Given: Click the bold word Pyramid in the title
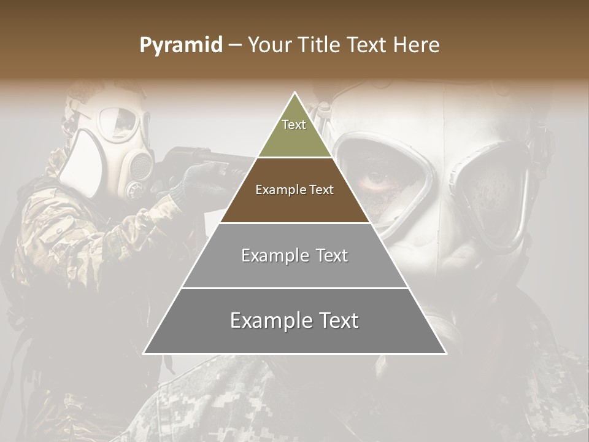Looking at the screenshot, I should click(x=181, y=45).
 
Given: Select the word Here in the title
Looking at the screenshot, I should click(x=417, y=45).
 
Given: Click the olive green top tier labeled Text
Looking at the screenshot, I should click(x=294, y=132).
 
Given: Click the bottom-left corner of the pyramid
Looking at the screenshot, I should click(x=145, y=353).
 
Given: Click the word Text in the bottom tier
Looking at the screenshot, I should click(x=334, y=320).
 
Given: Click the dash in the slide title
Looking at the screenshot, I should click(x=235, y=45).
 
